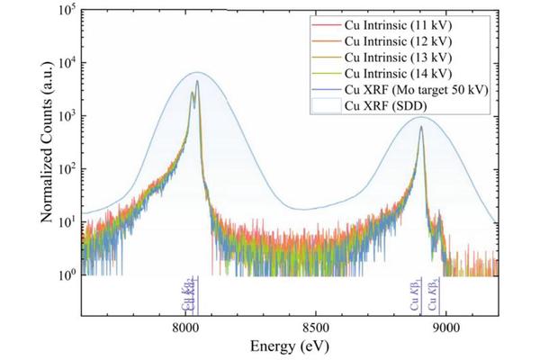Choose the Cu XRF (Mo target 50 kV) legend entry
click(407, 89)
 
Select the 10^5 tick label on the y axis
click(65, 11)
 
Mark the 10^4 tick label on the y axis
click(65, 64)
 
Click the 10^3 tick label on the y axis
click(65, 117)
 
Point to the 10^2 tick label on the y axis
click(65, 169)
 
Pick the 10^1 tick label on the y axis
click(65, 222)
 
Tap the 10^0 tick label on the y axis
click(65, 274)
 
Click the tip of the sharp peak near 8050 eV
click(197, 82)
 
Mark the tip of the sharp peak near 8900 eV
click(420, 126)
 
